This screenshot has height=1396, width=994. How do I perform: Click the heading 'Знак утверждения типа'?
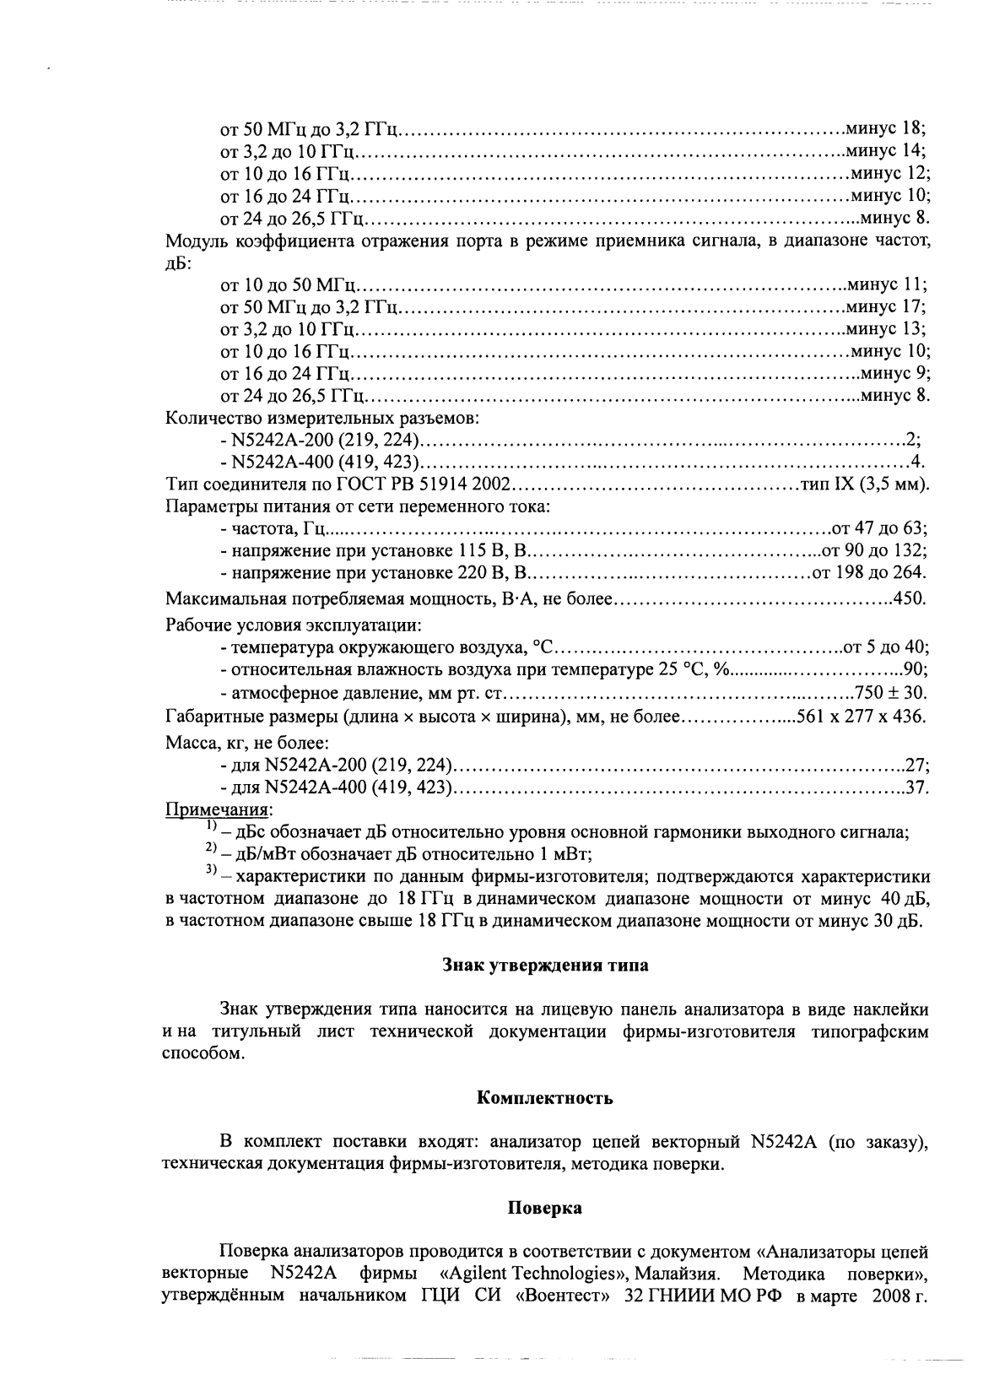point(546,966)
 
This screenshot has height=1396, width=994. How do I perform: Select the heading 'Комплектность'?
point(545,1098)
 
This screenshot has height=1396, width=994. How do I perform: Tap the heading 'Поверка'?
point(544,1208)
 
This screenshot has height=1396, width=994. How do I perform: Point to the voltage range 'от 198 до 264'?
point(868,573)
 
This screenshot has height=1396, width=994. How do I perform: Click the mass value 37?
point(916,788)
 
